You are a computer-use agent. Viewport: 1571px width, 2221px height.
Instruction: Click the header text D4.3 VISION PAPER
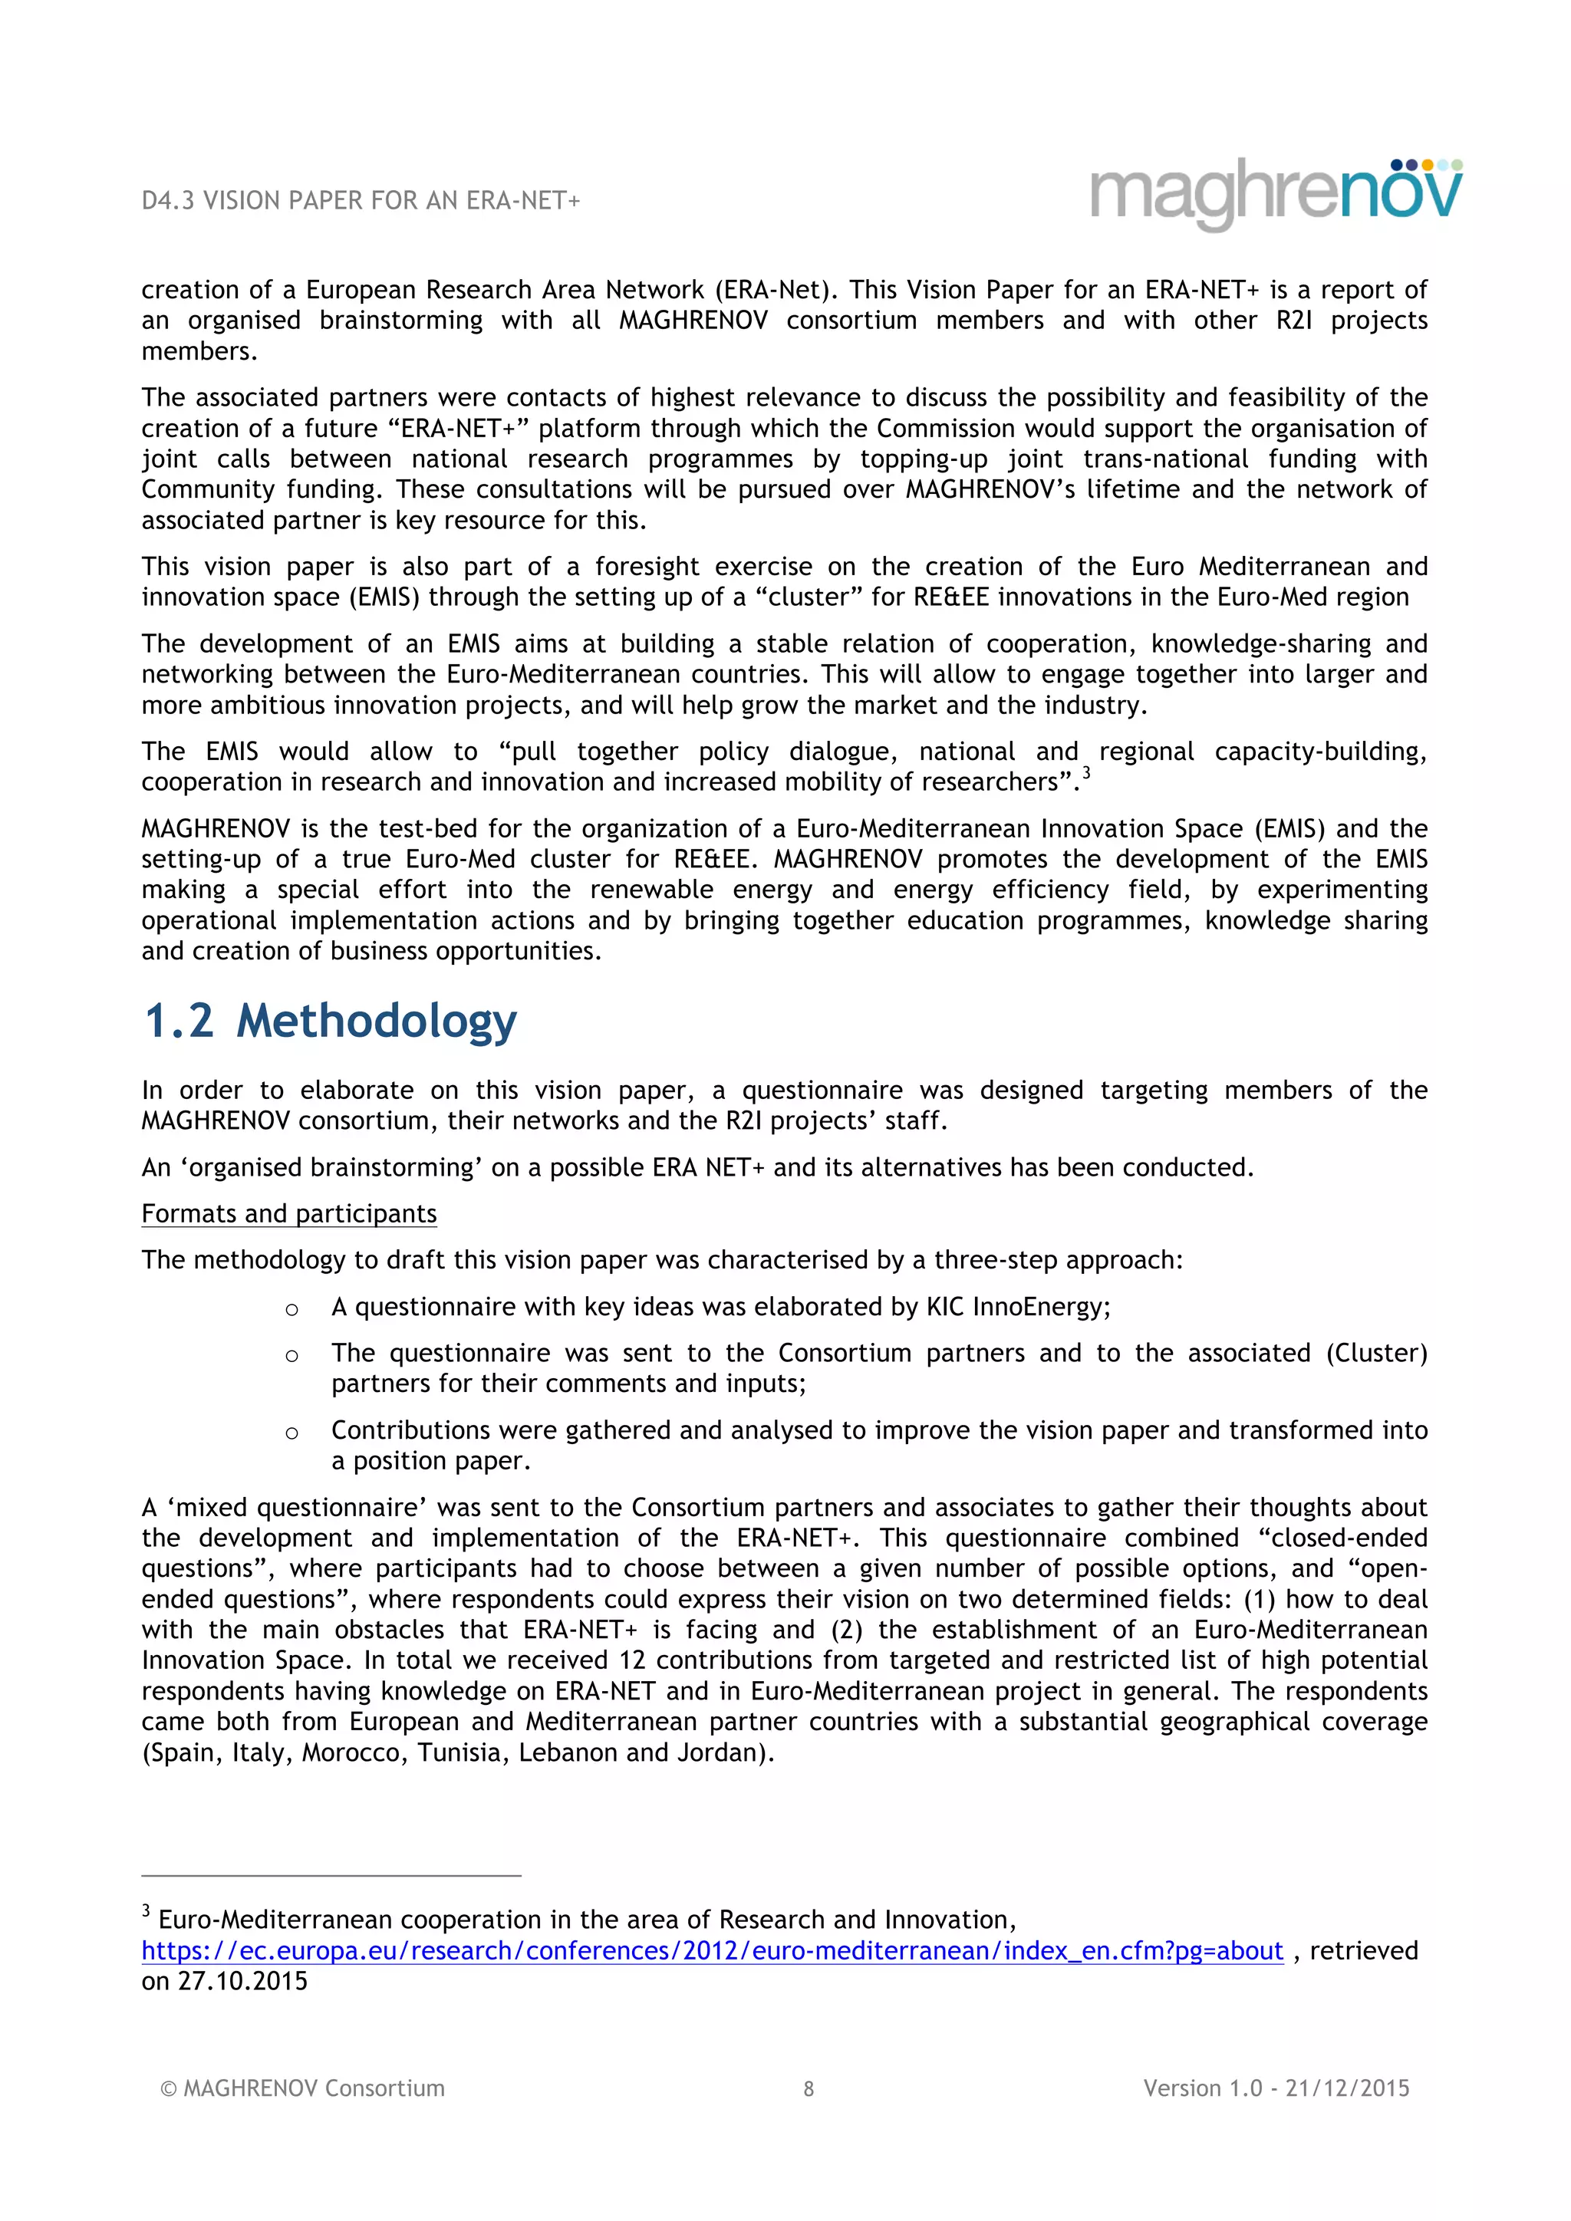[x=360, y=200]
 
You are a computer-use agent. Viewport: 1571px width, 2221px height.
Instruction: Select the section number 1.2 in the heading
[x=179, y=1021]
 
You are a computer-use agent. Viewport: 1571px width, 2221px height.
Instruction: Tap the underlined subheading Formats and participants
[x=288, y=1213]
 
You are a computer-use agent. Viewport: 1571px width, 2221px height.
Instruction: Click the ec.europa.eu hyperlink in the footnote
[x=712, y=1950]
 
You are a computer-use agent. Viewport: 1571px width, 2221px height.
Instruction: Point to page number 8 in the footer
[x=809, y=2088]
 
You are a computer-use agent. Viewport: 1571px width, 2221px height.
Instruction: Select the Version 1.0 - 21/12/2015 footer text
[x=1276, y=2088]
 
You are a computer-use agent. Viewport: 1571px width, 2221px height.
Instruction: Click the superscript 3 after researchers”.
[x=1086, y=773]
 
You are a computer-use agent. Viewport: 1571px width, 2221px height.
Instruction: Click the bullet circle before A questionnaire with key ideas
[x=291, y=1310]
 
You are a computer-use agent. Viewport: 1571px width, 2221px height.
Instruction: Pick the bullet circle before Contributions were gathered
[x=291, y=1433]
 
